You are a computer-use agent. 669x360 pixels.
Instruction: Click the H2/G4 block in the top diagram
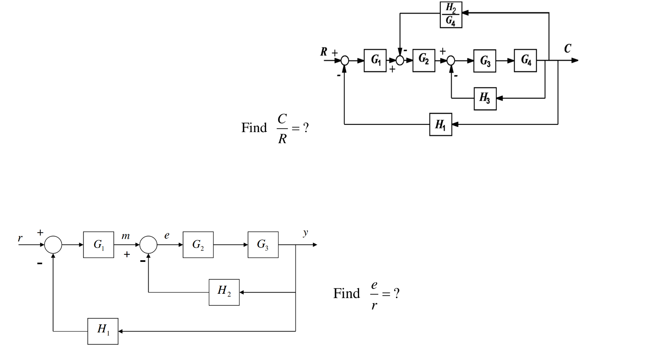[450, 15]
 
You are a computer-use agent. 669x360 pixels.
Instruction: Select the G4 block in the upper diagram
[525, 60]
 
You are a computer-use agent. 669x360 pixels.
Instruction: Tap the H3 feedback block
[485, 98]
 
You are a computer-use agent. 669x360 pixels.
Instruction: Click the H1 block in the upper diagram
[440, 124]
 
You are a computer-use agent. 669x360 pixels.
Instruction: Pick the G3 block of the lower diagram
[263, 245]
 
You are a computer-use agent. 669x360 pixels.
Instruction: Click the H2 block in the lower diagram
[224, 292]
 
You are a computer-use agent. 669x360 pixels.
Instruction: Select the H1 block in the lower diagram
[103, 331]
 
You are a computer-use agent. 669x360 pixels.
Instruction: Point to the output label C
[568, 48]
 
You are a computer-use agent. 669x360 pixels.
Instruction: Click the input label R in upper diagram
[324, 52]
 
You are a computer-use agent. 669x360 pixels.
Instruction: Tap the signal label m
[125, 236]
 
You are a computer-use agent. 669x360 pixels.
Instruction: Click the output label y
[305, 233]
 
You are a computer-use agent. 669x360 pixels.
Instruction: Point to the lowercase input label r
[20, 238]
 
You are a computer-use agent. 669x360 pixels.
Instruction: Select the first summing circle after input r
[53, 245]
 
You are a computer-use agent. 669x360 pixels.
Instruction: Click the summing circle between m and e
[148, 245]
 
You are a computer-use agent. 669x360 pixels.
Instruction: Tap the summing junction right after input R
[345, 61]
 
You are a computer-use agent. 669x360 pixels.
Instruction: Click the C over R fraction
[282, 128]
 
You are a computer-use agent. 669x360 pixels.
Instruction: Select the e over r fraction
[374, 294]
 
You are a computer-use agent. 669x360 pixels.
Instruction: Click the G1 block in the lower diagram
[98, 245]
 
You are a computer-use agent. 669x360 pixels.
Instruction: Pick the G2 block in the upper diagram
[424, 60]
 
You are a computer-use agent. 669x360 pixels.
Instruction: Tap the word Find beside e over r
[346, 293]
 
